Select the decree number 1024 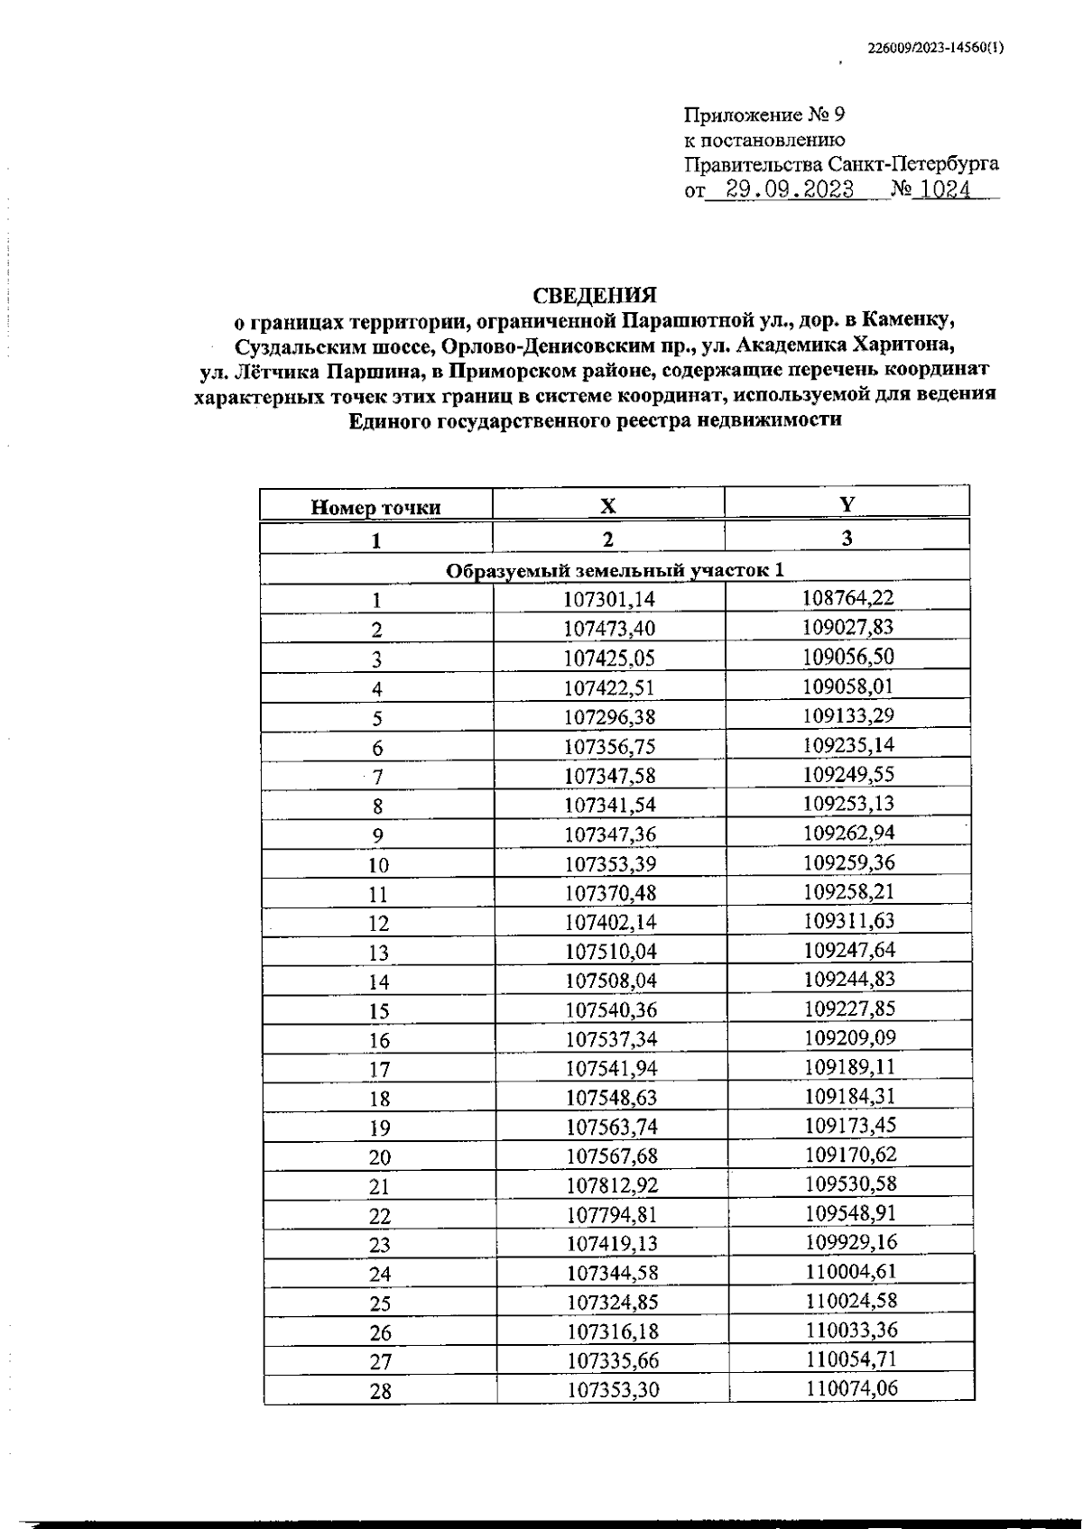point(941,190)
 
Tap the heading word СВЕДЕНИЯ point(595,296)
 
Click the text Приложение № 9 point(764,115)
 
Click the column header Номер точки point(375,508)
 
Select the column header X point(608,506)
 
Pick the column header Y point(847,504)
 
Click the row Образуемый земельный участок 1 point(615,570)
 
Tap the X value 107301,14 point(610,599)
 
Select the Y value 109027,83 point(848,627)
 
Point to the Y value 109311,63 point(848,921)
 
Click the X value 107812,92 point(612,1185)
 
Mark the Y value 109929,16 point(851,1242)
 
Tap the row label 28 point(380,1391)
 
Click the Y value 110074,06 point(852,1388)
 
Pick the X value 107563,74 point(612,1127)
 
